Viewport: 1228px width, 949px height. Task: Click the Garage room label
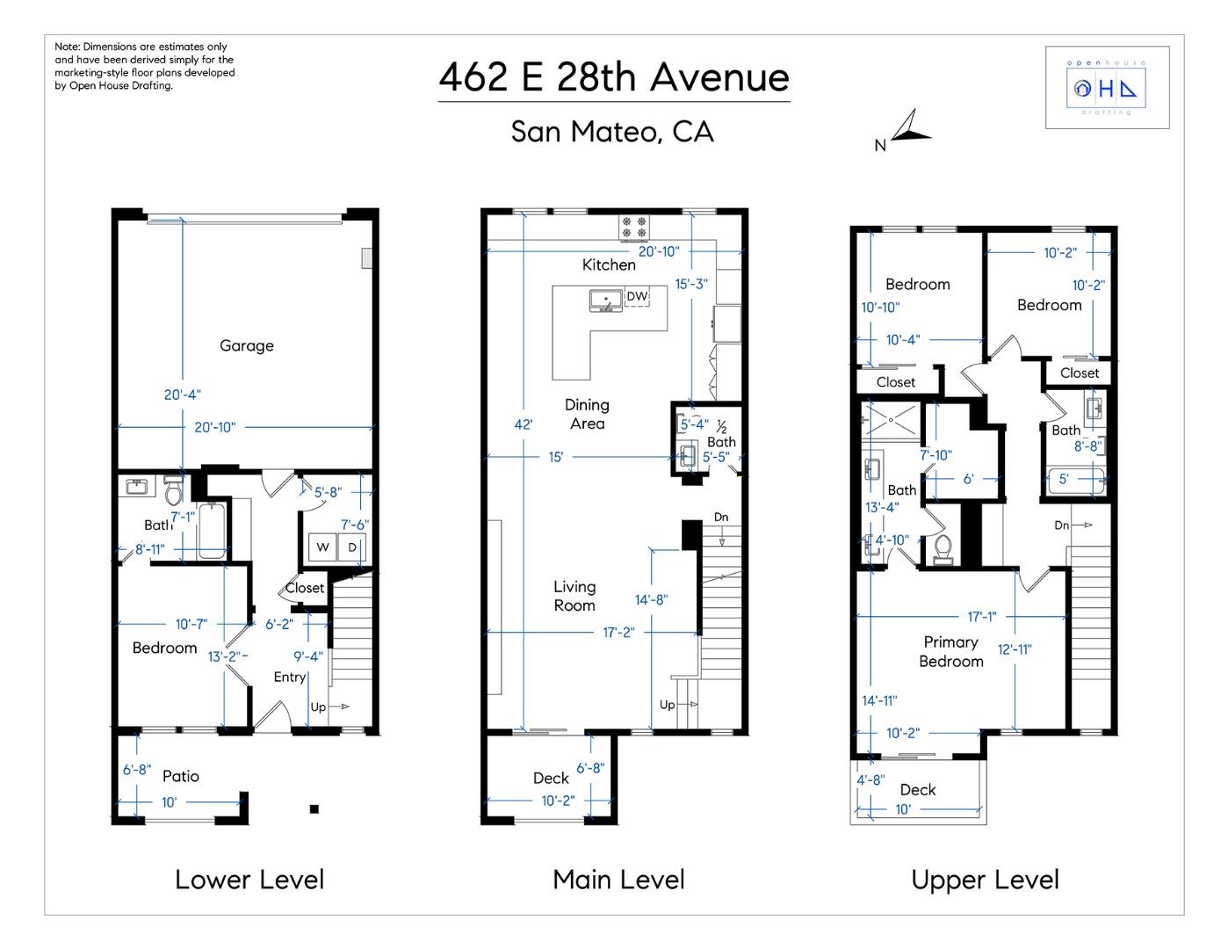tap(246, 345)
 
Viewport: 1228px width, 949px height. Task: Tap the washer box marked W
tap(322, 547)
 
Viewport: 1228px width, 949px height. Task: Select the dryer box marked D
tap(352, 547)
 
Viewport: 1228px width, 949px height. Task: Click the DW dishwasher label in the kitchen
tap(637, 297)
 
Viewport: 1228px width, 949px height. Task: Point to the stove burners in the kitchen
tap(634, 228)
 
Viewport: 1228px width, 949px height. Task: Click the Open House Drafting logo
tap(1106, 88)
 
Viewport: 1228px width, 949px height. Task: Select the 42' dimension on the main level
tap(524, 424)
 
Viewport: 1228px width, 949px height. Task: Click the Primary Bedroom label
tap(950, 652)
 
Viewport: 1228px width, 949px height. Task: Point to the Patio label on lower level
tap(180, 776)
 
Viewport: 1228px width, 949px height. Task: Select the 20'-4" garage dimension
tap(182, 395)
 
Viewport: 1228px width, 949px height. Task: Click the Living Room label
tap(574, 596)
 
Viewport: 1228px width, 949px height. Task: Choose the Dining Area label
tap(587, 414)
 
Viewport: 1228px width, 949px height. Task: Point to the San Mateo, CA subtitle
tap(612, 132)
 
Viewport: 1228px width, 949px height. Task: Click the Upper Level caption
tap(985, 880)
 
